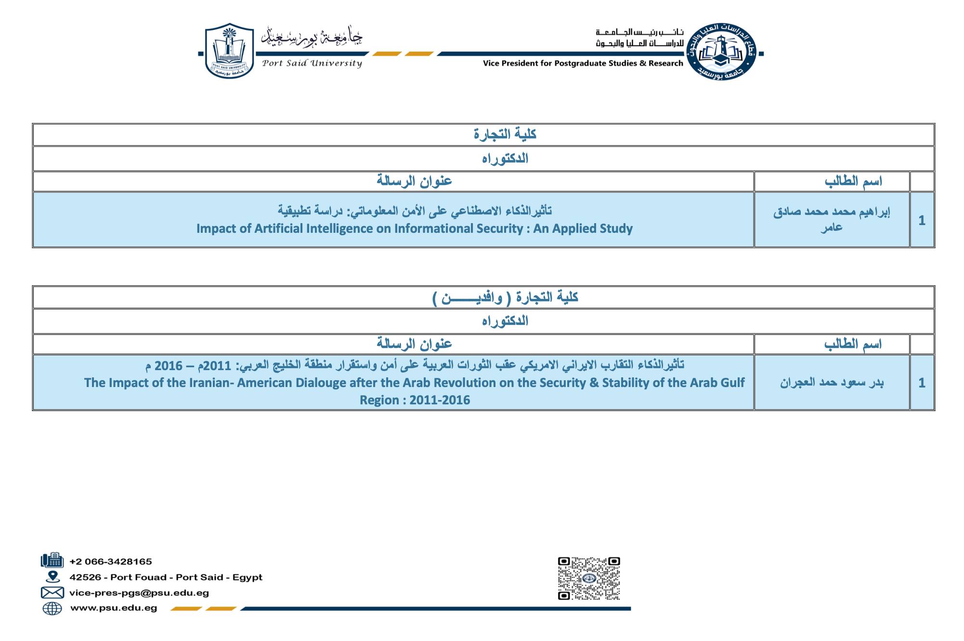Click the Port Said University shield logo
coord(229,51)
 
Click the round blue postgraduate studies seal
coord(721,52)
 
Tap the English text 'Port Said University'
coord(312,63)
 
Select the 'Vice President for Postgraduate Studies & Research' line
coord(583,63)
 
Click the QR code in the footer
coord(588,578)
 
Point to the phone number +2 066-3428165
coord(111,561)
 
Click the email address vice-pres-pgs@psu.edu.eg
coord(139,593)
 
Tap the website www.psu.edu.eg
coord(114,608)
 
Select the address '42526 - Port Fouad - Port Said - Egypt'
coord(166,577)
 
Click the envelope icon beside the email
coord(52,593)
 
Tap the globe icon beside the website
coord(52,608)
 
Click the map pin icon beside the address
coord(52,577)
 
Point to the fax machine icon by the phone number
coord(52,561)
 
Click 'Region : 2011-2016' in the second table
coord(415,400)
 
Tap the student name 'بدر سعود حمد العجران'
coord(832,383)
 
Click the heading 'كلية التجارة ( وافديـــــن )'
coord(505,297)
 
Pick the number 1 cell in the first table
coord(922,220)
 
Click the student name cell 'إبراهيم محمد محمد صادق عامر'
coord(832,219)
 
